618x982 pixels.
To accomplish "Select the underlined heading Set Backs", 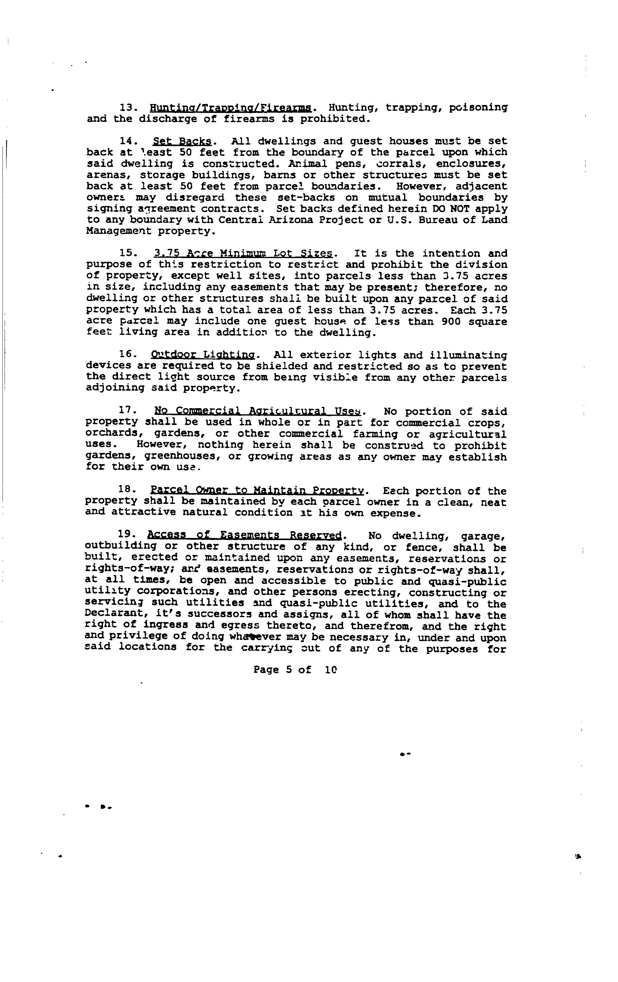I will coord(182,142).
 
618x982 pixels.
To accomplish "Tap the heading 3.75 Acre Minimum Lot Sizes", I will coord(243,254).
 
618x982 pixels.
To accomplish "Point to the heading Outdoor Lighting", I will coord(203,355).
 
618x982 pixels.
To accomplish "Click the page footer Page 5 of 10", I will coord(295,670).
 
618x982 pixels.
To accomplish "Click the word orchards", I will coord(112,434).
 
